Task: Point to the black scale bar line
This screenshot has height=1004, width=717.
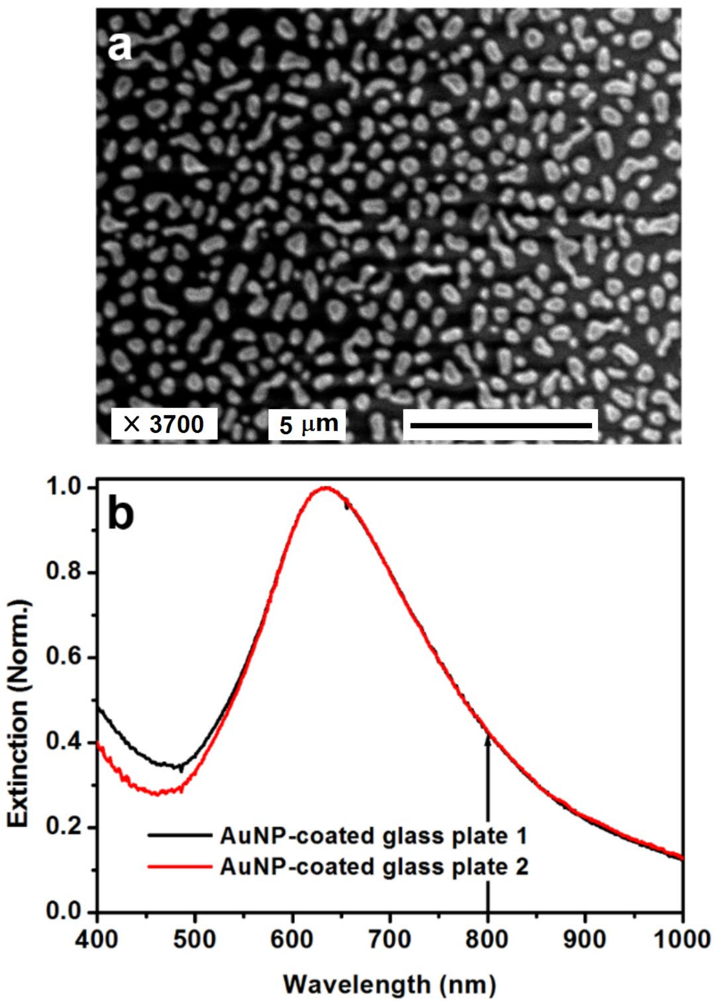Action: click(x=501, y=425)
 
